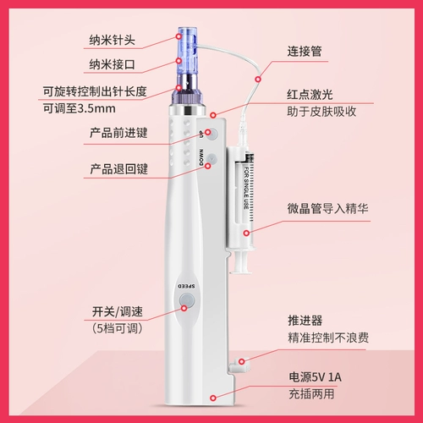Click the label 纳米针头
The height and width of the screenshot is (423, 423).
pos(112,40)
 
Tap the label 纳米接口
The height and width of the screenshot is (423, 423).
pos(112,64)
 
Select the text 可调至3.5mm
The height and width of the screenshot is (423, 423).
pos(79,108)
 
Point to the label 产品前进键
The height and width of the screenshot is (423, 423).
pos(118,133)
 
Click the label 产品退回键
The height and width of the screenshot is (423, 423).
pos(118,169)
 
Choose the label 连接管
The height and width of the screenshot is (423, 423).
pos(305,52)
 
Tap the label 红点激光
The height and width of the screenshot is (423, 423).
pos(310,95)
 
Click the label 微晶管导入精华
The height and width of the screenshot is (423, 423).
pos(327,209)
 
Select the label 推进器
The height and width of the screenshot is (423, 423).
pos(305,321)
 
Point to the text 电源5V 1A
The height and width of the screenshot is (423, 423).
pos(315,377)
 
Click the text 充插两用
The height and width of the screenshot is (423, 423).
pos(311,394)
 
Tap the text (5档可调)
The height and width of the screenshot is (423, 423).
pos(118,328)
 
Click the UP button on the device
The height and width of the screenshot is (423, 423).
pos(211,134)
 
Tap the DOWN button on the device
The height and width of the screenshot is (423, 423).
pos(211,160)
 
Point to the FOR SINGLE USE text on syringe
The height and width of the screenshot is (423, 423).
pos(246,188)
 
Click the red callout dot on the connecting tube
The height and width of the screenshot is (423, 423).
pos(258,80)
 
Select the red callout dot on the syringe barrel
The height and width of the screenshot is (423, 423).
pos(246,233)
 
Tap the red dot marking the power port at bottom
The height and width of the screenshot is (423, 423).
pos(213,398)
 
